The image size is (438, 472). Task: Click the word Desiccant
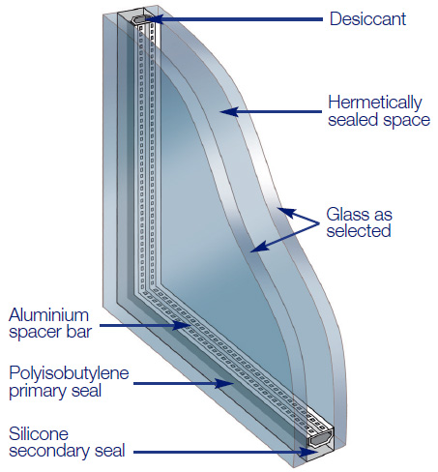(x=367, y=18)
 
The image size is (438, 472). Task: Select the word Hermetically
(x=375, y=103)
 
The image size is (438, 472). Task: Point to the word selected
(x=359, y=231)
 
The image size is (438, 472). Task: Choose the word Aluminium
(x=48, y=315)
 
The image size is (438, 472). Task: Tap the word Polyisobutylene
(x=69, y=373)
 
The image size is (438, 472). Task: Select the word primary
(x=35, y=391)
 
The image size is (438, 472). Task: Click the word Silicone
(x=39, y=433)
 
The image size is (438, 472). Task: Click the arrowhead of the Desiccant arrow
(x=153, y=19)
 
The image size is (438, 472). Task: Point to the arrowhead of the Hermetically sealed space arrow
(x=229, y=112)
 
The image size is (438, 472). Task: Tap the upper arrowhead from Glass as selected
(x=286, y=213)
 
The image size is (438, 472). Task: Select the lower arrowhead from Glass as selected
(x=259, y=247)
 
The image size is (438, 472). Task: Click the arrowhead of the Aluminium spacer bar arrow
(x=181, y=325)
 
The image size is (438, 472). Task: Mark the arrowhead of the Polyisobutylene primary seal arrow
(x=224, y=383)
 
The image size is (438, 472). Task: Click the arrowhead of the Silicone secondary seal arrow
(x=308, y=452)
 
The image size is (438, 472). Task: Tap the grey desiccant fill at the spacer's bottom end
(x=319, y=439)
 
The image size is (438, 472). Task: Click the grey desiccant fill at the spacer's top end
(x=139, y=18)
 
